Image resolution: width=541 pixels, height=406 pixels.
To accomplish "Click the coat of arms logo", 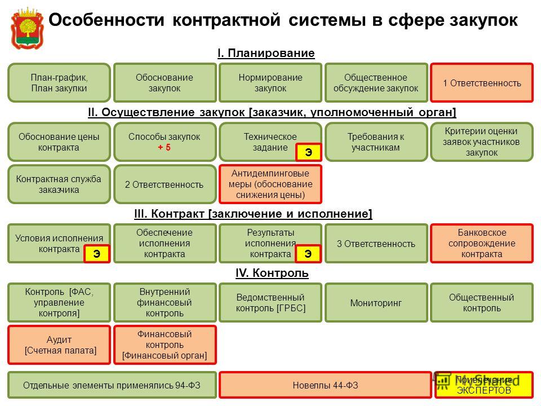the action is [27, 29].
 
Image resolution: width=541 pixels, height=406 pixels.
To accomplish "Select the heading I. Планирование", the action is [266, 53].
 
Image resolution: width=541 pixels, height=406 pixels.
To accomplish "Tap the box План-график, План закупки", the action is [59, 83].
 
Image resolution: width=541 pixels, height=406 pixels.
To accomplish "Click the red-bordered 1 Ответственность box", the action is [482, 83].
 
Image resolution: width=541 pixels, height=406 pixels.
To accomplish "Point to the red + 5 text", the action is [164, 147].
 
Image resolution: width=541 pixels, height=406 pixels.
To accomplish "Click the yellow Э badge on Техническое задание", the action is [308, 152].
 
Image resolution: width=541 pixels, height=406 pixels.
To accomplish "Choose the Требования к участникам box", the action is [376, 142].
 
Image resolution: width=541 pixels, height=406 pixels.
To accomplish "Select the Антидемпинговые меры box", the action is [270, 184].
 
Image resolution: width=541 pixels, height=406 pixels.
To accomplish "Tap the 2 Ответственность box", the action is [164, 184].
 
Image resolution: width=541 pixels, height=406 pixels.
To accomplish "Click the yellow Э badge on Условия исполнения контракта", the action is [97, 254].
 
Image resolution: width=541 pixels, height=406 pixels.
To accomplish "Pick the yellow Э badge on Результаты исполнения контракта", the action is [308, 254].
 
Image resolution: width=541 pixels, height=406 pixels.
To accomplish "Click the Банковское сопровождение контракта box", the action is [482, 244].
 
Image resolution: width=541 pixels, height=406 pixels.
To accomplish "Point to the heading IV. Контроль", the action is [272, 273].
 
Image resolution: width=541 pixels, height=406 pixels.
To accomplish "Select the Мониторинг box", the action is [376, 303].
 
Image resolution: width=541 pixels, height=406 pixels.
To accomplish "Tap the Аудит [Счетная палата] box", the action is [59, 345].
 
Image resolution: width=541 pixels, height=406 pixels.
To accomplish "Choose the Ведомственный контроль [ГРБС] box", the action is [270, 303].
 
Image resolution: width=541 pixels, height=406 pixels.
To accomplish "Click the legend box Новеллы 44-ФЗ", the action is [325, 385].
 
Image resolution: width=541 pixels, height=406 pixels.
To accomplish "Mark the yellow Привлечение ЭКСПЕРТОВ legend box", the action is [484, 385].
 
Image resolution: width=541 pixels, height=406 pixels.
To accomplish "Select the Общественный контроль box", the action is [482, 303].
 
